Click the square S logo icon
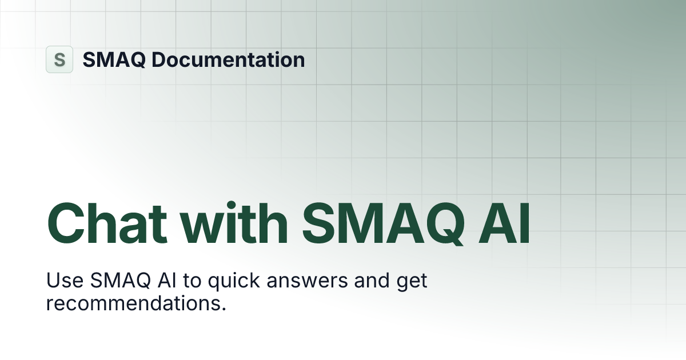tap(59, 59)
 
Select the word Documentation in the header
tap(229, 59)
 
